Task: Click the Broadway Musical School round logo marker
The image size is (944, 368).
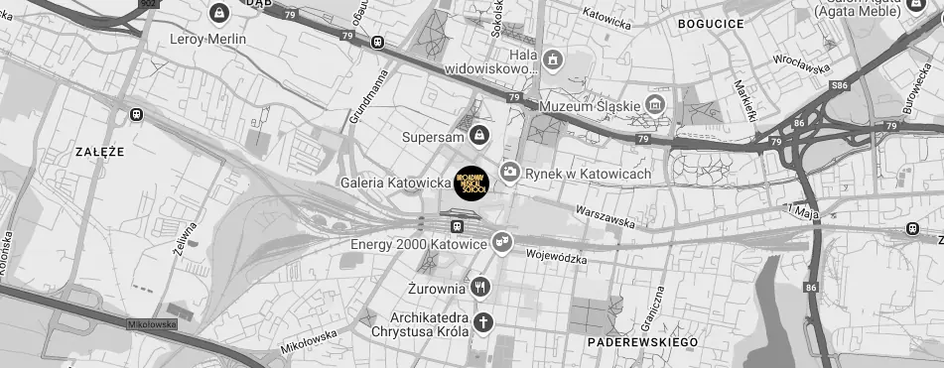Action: (x=472, y=184)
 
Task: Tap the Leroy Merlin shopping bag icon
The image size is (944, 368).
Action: (x=219, y=14)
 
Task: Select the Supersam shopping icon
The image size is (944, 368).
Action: (x=478, y=134)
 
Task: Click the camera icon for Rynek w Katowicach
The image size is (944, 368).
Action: (x=509, y=173)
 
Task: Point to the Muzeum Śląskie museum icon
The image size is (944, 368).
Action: (x=654, y=105)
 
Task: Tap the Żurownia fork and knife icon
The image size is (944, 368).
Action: (x=480, y=288)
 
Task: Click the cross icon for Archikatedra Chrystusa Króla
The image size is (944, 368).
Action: (x=482, y=322)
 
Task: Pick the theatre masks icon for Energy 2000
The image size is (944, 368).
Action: (x=503, y=241)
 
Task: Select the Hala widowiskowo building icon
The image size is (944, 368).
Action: (x=553, y=63)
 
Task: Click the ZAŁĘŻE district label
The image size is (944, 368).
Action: (x=99, y=152)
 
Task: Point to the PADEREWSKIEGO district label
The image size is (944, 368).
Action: (x=642, y=342)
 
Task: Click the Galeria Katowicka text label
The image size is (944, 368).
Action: (x=395, y=184)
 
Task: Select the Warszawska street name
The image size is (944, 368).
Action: (x=607, y=216)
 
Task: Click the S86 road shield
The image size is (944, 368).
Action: (x=840, y=86)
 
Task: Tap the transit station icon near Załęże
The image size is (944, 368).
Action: (x=136, y=114)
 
